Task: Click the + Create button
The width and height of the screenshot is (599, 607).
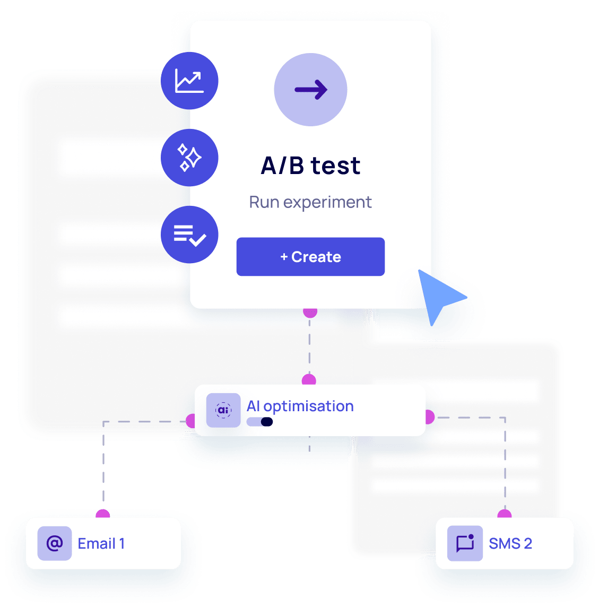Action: [310, 257]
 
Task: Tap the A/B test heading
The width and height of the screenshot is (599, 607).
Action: [310, 166]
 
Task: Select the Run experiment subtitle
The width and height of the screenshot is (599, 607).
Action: [310, 202]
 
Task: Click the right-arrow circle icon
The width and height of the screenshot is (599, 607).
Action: [310, 90]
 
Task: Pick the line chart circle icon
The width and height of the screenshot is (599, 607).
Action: [189, 81]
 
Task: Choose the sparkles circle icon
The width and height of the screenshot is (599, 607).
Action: [189, 158]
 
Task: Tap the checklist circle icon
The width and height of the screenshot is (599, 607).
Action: [189, 235]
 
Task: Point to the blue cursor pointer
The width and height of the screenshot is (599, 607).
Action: [438, 296]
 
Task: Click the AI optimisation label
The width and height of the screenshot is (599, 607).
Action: [300, 406]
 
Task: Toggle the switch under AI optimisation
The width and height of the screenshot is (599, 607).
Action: [260, 422]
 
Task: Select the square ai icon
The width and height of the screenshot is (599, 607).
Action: [223, 410]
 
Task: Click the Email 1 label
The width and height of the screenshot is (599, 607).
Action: [101, 543]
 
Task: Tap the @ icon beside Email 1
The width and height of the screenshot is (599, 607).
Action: [55, 543]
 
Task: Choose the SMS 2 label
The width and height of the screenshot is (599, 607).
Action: [510, 543]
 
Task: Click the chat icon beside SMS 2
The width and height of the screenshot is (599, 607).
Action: [465, 543]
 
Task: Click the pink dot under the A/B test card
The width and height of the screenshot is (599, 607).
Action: [310, 312]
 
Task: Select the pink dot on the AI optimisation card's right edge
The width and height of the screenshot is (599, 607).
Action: [429, 417]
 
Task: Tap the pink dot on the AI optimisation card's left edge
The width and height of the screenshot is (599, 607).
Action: [192, 421]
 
